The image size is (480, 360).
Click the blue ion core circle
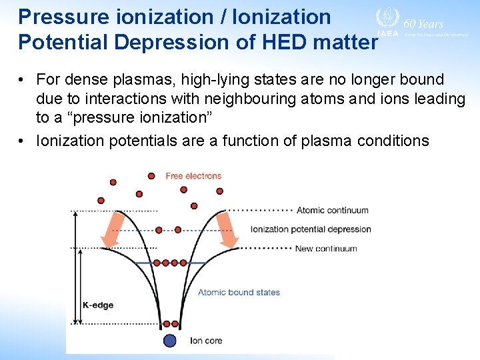click(170, 341)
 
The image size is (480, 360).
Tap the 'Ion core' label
click(206, 341)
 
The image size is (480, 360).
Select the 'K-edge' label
click(98, 305)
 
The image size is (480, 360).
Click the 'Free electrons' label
click(193, 176)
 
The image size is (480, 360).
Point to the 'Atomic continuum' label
click(332, 210)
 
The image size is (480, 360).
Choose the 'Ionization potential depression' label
click(311, 229)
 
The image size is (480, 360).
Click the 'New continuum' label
click(327, 249)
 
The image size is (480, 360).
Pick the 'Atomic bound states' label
click(239, 292)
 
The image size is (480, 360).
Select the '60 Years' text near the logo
click(423, 24)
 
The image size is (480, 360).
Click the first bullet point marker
click(23, 80)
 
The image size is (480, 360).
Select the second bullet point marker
click(23, 141)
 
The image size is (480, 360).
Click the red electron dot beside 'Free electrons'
click(152, 176)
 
